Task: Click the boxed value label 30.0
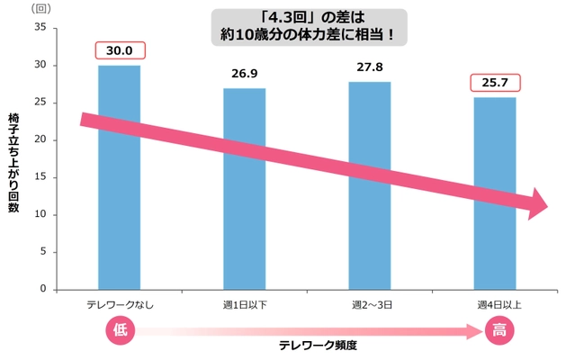pos(119,51)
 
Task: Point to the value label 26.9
pos(244,75)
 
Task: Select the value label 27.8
pos(370,67)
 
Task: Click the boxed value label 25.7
pos(495,84)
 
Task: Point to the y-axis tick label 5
pos(41,252)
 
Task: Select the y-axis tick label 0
pos(41,290)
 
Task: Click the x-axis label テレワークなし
pos(119,305)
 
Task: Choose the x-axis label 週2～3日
pos(370,305)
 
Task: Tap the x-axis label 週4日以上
pos(495,305)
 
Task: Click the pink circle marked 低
pos(121,331)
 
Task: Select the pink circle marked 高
pos(498,331)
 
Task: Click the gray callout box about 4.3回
pos(310,27)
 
